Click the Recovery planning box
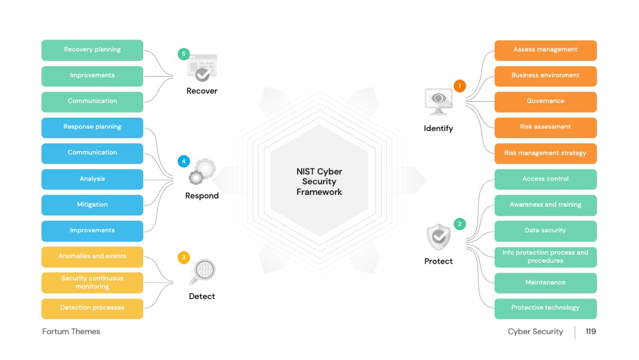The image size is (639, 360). click(92, 50)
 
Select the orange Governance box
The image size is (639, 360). click(546, 102)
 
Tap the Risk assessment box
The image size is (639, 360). click(546, 128)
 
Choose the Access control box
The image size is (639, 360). click(546, 179)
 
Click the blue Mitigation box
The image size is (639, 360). click(92, 205)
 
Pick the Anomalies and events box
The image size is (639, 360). click(92, 257)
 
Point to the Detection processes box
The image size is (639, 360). click(92, 308)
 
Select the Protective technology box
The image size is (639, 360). click(546, 308)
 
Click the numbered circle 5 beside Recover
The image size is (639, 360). click(184, 54)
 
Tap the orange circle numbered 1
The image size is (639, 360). click(460, 86)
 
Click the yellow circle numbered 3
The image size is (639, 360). click(184, 257)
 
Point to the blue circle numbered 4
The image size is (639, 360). click(184, 162)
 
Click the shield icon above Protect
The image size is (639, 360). click(438, 237)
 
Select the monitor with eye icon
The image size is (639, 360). click(438, 102)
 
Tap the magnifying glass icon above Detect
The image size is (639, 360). click(202, 272)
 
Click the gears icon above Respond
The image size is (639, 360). click(202, 171)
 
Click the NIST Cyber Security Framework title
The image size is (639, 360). click(319, 182)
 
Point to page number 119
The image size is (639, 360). click(590, 332)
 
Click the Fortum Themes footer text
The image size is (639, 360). click(71, 332)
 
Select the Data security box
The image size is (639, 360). click(546, 231)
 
